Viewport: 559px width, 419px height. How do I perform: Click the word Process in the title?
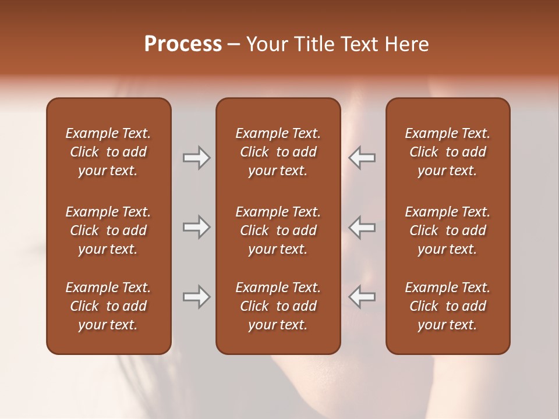click(x=183, y=44)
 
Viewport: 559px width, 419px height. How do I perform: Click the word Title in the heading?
click(x=313, y=44)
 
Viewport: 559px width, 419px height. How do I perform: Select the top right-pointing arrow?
click(x=196, y=158)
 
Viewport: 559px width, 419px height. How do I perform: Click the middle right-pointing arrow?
click(x=196, y=227)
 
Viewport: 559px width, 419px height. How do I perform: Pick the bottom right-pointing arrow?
click(x=196, y=297)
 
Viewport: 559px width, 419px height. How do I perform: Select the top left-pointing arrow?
click(x=362, y=158)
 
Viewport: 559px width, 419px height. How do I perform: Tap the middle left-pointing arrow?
click(x=362, y=227)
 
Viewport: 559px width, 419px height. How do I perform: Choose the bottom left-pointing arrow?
click(x=362, y=297)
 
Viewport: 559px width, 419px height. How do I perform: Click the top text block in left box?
click(x=108, y=152)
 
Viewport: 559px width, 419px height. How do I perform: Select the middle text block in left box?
click(x=108, y=230)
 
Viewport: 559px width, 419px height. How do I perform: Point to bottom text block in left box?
click(x=108, y=306)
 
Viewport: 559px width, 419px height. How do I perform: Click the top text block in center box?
click(x=278, y=152)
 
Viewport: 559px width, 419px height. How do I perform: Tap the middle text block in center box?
click(x=278, y=230)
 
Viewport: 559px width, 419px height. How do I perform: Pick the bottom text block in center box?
click(x=278, y=306)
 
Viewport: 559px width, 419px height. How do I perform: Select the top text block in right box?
click(x=447, y=152)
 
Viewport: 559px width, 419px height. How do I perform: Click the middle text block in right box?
click(x=447, y=230)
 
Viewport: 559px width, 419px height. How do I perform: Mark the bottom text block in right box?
click(x=447, y=306)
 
